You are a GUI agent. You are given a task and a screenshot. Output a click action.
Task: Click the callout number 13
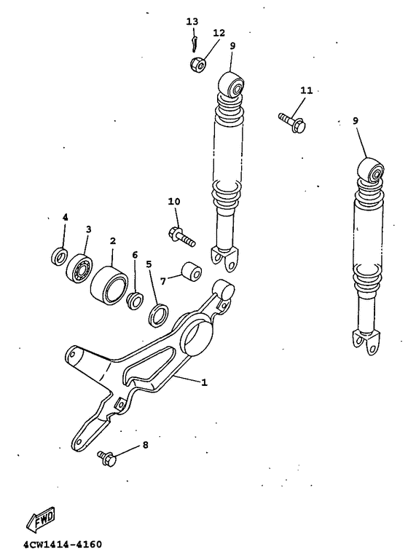[192, 21]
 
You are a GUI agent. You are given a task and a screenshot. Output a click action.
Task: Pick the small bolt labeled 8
[106, 457]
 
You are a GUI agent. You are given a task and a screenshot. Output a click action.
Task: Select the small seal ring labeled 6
[136, 299]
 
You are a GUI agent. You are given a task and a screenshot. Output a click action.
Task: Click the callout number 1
[204, 382]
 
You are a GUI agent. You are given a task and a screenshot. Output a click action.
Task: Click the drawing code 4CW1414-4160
[62, 544]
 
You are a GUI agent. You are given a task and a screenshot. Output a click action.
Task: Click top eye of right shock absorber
[374, 173]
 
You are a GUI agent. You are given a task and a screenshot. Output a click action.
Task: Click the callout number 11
[306, 90]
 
